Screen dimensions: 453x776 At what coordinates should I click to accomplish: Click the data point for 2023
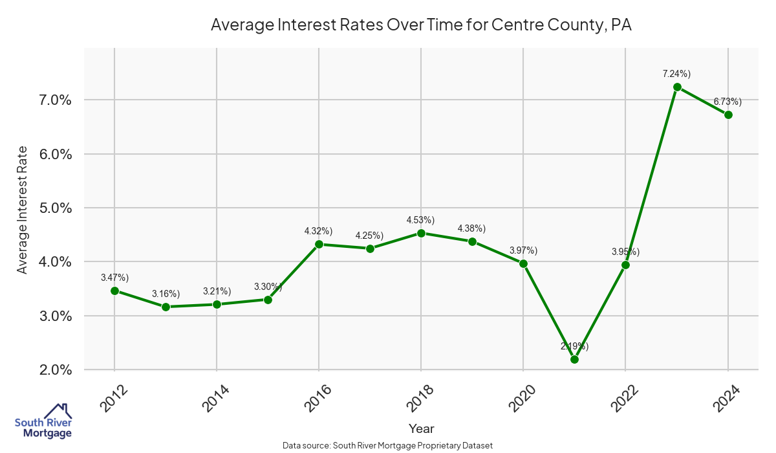point(677,87)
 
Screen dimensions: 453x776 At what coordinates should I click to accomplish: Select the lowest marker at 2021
point(574,359)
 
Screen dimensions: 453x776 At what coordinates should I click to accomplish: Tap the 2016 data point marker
point(319,244)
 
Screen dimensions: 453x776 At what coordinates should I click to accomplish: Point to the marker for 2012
point(114,291)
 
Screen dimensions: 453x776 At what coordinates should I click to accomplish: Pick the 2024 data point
point(728,115)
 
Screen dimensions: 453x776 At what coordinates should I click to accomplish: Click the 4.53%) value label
point(420,220)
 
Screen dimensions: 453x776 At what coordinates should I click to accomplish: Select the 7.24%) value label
point(676,74)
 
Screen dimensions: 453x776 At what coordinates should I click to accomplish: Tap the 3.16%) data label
point(166,294)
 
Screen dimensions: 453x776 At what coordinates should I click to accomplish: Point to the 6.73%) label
point(727,102)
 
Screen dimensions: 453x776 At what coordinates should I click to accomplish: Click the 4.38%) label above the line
point(471,228)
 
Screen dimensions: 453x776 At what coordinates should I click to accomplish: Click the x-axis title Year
point(421,428)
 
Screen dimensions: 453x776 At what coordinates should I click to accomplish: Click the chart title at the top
point(421,25)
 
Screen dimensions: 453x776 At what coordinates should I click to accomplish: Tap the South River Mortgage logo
point(43,421)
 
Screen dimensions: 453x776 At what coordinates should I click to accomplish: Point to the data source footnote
point(388,445)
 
